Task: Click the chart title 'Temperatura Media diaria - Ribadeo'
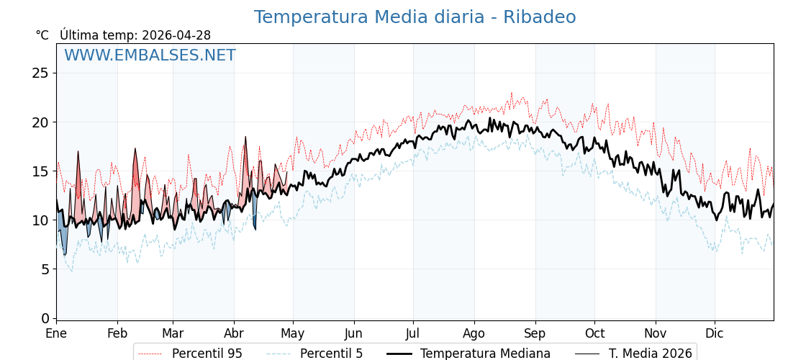pos(415,17)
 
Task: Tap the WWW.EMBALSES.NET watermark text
pos(150,55)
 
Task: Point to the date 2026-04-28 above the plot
pos(176,35)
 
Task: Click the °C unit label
pos(42,35)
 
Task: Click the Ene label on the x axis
pos(56,333)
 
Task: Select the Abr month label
pos(234,333)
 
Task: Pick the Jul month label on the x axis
pos(413,333)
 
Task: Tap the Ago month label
pos(474,333)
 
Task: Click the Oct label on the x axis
pos(594,333)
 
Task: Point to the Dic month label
pos(715,333)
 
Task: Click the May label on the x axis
pos(293,333)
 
